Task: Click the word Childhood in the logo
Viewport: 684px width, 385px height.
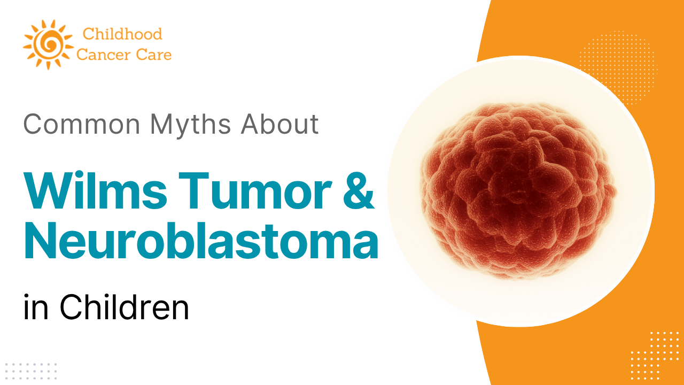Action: click(x=122, y=34)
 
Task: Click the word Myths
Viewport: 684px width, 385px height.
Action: click(x=191, y=124)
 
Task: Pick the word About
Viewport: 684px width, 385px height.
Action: click(x=279, y=124)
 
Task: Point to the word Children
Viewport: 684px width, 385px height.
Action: click(x=124, y=308)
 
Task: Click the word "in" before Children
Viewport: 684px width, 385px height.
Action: click(x=36, y=308)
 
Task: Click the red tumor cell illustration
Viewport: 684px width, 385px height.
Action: click(x=518, y=190)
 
